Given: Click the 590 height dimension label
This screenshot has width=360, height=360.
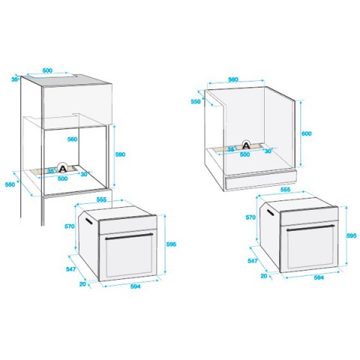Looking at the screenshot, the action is coord(120,154).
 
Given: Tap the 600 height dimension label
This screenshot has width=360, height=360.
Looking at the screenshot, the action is coord(307,133).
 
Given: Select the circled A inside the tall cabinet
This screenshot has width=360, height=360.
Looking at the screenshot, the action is coord(62,167).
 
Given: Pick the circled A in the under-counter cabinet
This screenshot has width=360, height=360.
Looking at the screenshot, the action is coord(246,145).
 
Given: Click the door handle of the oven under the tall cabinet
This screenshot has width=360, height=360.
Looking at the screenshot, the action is coord(129,236).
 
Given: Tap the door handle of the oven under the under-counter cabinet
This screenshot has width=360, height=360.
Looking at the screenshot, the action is coord(310,228).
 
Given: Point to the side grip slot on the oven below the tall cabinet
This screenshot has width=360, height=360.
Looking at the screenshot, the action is coord(88,221).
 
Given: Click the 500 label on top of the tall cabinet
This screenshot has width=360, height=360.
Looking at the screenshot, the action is coord(47,70).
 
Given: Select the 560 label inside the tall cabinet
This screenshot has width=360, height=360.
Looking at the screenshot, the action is coord(72,139).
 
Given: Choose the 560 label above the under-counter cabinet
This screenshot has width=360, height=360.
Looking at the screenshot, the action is coord(233,79).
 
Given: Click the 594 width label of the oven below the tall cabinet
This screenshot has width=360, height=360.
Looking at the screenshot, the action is coord(136,286).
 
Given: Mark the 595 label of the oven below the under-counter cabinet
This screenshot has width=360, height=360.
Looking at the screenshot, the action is coord(351,235).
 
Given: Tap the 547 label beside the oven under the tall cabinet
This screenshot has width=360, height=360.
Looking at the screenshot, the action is coord(70,269).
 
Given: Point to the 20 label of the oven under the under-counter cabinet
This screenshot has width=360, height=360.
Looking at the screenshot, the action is coord(264,276).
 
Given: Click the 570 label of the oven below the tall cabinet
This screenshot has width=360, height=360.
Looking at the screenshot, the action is coord(70,226).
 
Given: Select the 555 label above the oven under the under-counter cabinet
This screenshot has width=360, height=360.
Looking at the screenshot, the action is coord(285,190).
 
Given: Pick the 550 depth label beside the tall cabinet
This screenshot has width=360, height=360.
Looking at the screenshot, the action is coord(10,184).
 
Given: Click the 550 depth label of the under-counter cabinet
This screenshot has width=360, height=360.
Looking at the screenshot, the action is coord(196,101).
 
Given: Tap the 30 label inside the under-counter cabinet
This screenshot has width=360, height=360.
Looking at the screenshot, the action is coord(268,151).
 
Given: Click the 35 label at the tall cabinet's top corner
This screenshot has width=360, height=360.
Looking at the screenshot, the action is coord(15,79).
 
